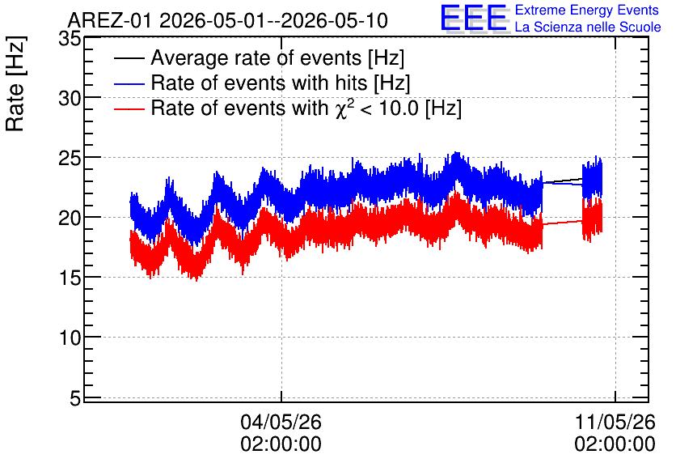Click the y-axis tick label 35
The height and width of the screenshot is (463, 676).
click(x=70, y=40)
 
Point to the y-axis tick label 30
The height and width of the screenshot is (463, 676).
click(x=70, y=99)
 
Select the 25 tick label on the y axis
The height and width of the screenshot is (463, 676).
click(x=70, y=159)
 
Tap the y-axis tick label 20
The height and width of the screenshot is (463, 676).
click(x=70, y=219)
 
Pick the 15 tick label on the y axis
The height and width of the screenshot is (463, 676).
click(x=70, y=278)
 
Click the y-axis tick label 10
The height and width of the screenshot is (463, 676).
click(x=70, y=338)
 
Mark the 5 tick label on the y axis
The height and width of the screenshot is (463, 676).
click(x=75, y=398)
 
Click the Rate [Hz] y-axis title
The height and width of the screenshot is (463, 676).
click(x=15, y=83)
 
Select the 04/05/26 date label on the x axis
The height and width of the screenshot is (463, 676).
click(x=281, y=422)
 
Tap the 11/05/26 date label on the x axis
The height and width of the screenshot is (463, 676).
click(x=615, y=422)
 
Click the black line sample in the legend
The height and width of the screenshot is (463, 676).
click(x=129, y=57)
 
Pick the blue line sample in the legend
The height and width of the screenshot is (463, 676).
click(x=129, y=83)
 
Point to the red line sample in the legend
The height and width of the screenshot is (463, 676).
click(x=129, y=108)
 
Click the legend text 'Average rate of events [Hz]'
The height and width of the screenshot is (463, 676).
click(x=277, y=58)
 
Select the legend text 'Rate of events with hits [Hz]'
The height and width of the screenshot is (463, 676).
click(x=281, y=83)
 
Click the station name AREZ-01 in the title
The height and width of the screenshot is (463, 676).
click(x=110, y=21)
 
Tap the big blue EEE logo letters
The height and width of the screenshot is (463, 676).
click(x=474, y=18)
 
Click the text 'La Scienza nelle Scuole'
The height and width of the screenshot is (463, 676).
click(x=588, y=28)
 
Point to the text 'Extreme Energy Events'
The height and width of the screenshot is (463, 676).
click(x=587, y=10)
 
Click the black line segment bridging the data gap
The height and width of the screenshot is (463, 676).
click(x=563, y=181)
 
